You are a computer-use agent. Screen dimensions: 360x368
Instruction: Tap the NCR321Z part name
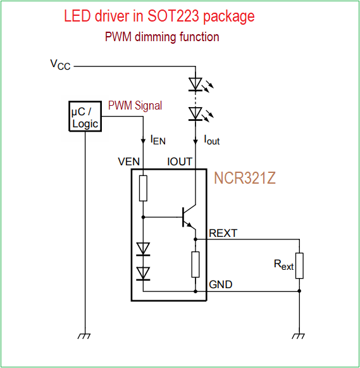(x=244, y=178)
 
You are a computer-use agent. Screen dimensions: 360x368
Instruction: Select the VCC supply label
(x=60, y=65)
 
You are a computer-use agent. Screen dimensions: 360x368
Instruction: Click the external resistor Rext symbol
(x=299, y=265)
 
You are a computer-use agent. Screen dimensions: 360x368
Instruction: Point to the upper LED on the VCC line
(x=196, y=84)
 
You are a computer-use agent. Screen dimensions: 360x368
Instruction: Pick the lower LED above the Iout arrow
(x=196, y=114)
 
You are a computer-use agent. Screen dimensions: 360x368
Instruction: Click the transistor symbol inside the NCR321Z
(x=189, y=217)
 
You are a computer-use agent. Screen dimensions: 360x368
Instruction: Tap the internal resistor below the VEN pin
(x=143, y=188)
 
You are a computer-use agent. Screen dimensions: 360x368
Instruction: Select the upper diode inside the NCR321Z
(x=143, y=249)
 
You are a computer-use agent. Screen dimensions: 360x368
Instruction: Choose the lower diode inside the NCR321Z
(x=143, y=274)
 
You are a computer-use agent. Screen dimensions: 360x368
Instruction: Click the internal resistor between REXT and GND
(x=196, y=265)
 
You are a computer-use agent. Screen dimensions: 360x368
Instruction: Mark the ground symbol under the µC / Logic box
(x=84, y=336)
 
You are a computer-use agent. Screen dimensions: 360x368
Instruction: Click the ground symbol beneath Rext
(x=299, y=336)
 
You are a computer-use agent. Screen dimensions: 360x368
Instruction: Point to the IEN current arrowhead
(x=143, y=141)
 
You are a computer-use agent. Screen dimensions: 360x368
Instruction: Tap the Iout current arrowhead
(x=196, y=141)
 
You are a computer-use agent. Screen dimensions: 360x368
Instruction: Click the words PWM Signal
(x=135, y=105)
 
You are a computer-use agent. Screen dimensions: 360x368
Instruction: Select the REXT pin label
(x=223, y=233)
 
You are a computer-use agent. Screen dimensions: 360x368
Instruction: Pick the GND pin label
(x=221, y=284)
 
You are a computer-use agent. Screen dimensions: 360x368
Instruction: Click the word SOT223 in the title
(x=173, y=16)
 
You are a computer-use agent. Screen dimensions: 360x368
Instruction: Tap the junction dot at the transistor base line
(x=143, y=217)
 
